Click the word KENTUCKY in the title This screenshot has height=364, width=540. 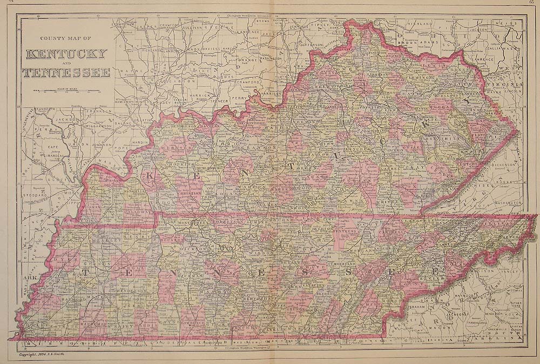(x=65, y=54)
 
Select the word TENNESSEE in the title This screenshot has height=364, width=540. (x=65, y=72)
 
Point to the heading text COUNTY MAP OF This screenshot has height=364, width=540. (x=65, y=38)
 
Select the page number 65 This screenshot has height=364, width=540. (x=532, y=3)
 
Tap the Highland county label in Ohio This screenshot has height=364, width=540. (x=421, y=24)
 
